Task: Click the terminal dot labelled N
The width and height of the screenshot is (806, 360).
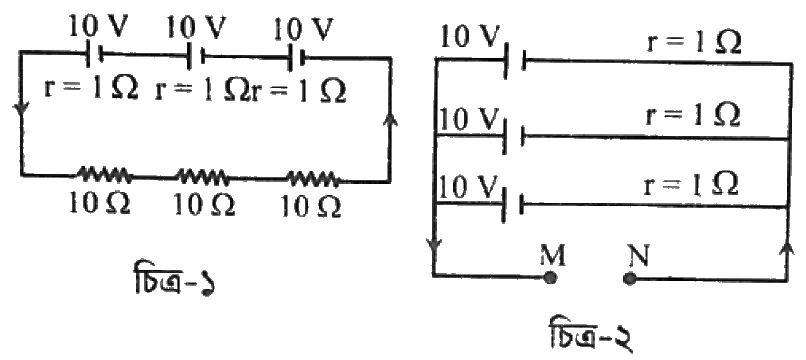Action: (629, 279)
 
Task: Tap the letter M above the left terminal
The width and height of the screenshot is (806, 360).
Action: (552, 256)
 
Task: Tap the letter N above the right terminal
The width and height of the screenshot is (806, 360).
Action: (637, 256)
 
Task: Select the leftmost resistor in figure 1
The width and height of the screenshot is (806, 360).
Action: (104, 175)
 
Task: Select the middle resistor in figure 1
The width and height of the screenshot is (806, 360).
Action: (204, 176)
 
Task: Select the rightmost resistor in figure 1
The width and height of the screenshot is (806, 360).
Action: (313, 179)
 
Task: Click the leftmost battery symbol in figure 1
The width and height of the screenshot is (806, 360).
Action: (94, 53)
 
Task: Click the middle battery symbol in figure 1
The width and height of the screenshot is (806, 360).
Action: (196, 55)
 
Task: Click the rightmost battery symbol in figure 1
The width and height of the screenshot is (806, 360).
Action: (297, 57)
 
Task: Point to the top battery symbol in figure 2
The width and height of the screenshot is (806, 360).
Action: (515, 61)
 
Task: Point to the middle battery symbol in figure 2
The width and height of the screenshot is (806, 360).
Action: (514, 136)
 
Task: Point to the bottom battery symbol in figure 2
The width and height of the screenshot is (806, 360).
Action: (514, 205)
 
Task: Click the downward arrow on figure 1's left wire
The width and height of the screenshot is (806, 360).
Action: (23, 110)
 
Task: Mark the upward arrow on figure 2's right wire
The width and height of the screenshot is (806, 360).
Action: (787, 250)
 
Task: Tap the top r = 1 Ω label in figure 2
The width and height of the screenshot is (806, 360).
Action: (694, 45)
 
